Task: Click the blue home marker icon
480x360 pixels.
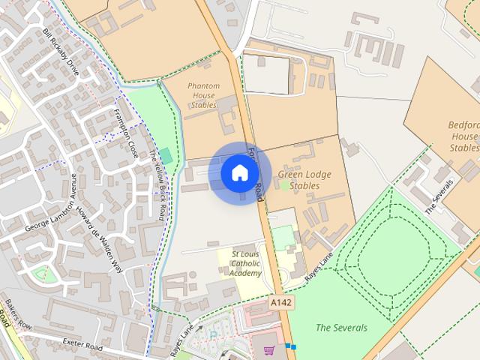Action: [238, 172]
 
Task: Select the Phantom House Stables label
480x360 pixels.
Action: [202, 95]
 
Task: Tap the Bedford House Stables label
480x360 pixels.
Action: [463, 136]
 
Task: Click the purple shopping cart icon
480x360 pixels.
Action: [269, 349]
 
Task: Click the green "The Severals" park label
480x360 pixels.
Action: [341, 328]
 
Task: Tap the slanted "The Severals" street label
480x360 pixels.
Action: [439, 197]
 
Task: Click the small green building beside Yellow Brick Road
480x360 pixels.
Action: [165, 156]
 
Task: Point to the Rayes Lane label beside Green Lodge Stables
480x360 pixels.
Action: [319, 267]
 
